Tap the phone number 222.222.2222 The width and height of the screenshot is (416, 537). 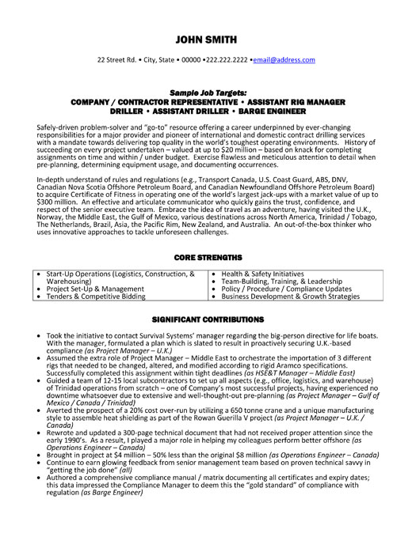pos(226,60)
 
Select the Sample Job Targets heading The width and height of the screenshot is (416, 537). pos(207,93)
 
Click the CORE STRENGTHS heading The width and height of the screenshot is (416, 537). pos(207,258)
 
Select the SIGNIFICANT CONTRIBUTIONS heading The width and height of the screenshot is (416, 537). pos(207,319)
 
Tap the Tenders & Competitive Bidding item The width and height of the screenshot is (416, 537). pos(96,297)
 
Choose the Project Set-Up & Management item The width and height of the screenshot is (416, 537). pos(94,289)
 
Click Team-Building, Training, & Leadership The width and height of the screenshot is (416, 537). pos(281,282)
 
